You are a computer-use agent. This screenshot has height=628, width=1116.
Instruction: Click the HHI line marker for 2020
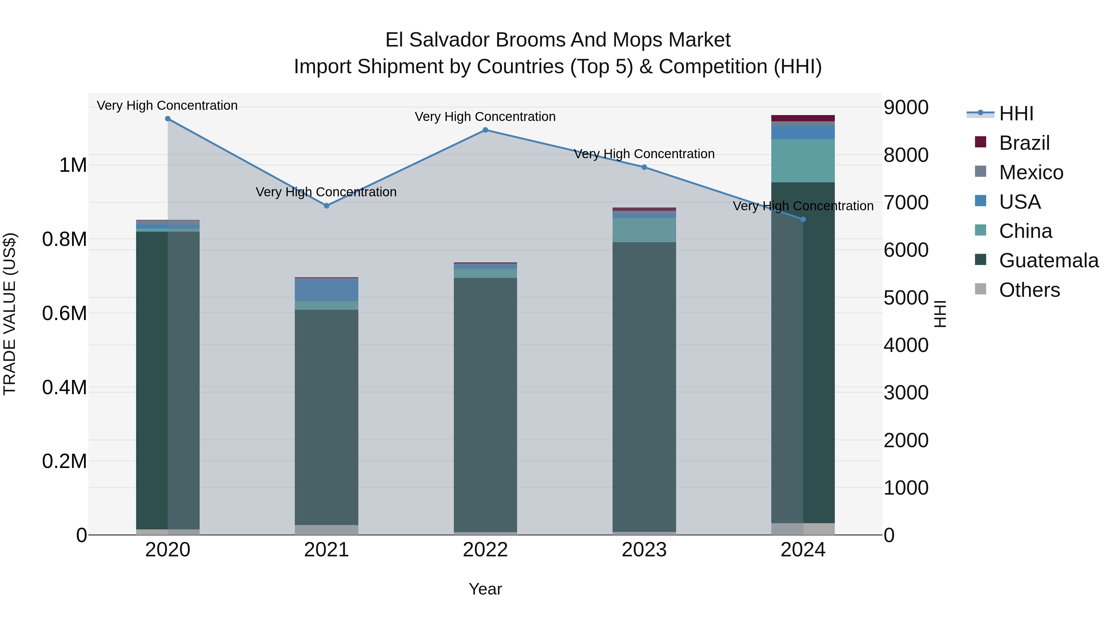168,119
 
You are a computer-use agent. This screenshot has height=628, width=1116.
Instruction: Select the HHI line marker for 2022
485,130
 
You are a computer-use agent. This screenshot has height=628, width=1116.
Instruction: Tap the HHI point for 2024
803,219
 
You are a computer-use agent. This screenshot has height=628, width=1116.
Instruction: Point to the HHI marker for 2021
327,206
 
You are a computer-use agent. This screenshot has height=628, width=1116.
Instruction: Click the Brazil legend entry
1024,143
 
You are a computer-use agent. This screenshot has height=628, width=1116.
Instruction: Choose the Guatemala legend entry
1048,261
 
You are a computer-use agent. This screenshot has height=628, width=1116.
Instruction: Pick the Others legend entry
1029,290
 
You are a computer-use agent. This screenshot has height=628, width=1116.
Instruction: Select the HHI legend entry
1016,114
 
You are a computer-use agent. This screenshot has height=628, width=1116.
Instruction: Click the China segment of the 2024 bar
803,161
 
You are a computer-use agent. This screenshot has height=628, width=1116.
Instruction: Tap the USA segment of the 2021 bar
327,290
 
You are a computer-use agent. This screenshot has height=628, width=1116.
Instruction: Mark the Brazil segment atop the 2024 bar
803,118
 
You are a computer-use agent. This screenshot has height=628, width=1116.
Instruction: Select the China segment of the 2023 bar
644,230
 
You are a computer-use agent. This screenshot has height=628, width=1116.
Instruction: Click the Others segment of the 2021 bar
327,530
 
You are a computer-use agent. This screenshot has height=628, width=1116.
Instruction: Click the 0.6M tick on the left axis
64,313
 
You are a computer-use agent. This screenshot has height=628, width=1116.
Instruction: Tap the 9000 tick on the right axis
906,108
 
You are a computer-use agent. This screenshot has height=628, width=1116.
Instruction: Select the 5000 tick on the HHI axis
906,298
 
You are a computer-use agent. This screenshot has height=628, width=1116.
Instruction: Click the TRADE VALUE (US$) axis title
10,314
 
